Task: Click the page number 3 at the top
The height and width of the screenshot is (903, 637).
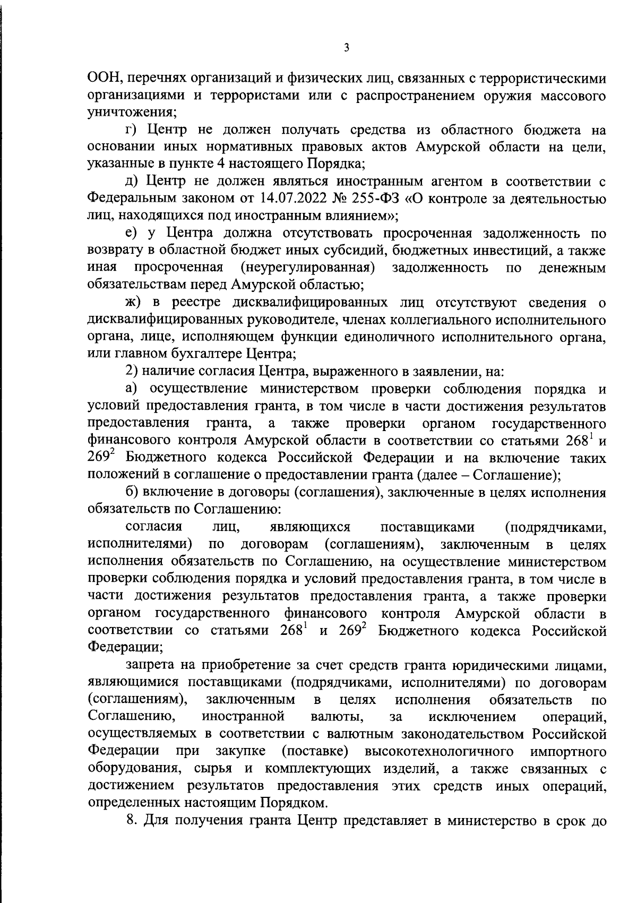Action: tap(346, 48)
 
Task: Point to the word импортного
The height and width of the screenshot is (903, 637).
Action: tap(569, 752)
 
